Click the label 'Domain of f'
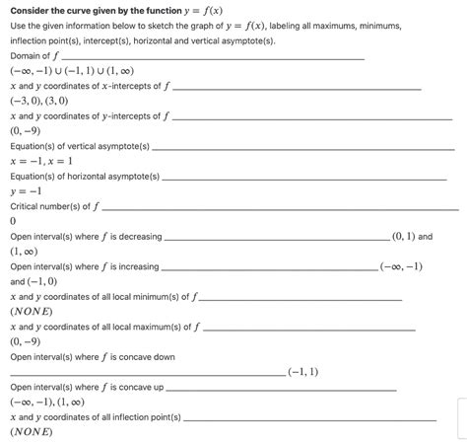tap(34, 56)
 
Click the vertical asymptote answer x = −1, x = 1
tap(41, 161)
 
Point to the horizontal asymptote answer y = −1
tap(26, 190)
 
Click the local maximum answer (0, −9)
tap(25, 341)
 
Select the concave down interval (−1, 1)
tap(302, 372)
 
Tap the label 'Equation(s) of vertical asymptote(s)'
tap(79, 146)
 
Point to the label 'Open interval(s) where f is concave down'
tap(93, 356)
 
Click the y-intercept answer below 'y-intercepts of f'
tap(25, 130)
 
